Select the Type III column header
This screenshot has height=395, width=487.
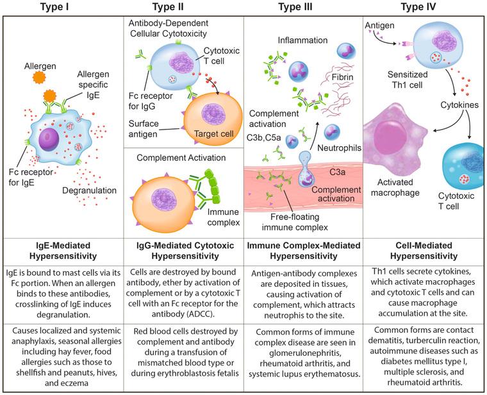304,7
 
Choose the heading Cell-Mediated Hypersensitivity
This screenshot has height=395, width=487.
424,249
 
